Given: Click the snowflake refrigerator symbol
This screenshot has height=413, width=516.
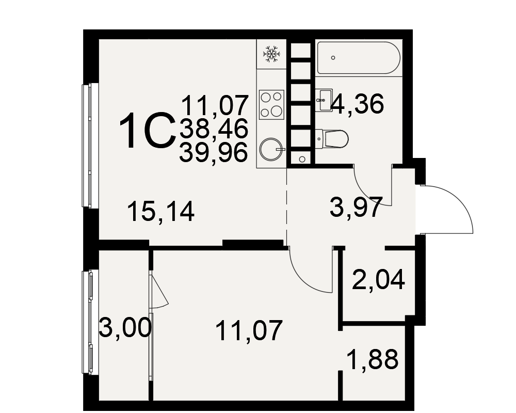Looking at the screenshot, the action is [272, 54].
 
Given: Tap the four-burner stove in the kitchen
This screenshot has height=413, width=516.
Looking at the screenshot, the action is [271, 105].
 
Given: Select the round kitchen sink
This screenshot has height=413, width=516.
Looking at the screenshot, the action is [271, 150].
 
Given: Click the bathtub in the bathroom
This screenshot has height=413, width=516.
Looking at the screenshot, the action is [359, 58].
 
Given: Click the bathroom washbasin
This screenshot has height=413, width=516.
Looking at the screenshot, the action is [324, 100].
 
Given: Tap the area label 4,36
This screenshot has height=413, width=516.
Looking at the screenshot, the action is [358, 104].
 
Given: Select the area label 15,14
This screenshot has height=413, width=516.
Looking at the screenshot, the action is [160, 212].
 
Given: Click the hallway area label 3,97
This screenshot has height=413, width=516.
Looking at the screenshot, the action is [356, 207].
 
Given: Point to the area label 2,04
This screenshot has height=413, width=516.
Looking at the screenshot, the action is [378, 280].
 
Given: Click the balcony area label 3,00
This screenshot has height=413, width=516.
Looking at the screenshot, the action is [125, 327].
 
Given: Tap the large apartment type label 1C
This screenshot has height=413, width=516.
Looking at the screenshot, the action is [147, 131].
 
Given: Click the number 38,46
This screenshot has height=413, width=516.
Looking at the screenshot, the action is [214, 129].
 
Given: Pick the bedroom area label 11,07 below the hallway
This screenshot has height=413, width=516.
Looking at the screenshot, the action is [249, 330].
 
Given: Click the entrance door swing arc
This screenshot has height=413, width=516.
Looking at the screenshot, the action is [459, 201].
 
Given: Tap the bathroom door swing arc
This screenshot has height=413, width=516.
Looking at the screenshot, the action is [365, 195].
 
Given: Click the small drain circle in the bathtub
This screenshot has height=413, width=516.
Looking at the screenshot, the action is [333, 58].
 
